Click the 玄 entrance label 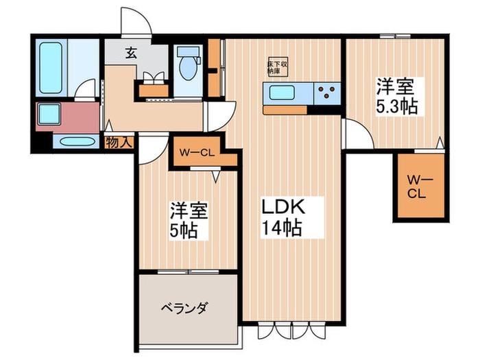click(130, 51)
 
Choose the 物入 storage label click(119, 142)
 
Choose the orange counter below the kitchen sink click(285, 109)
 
